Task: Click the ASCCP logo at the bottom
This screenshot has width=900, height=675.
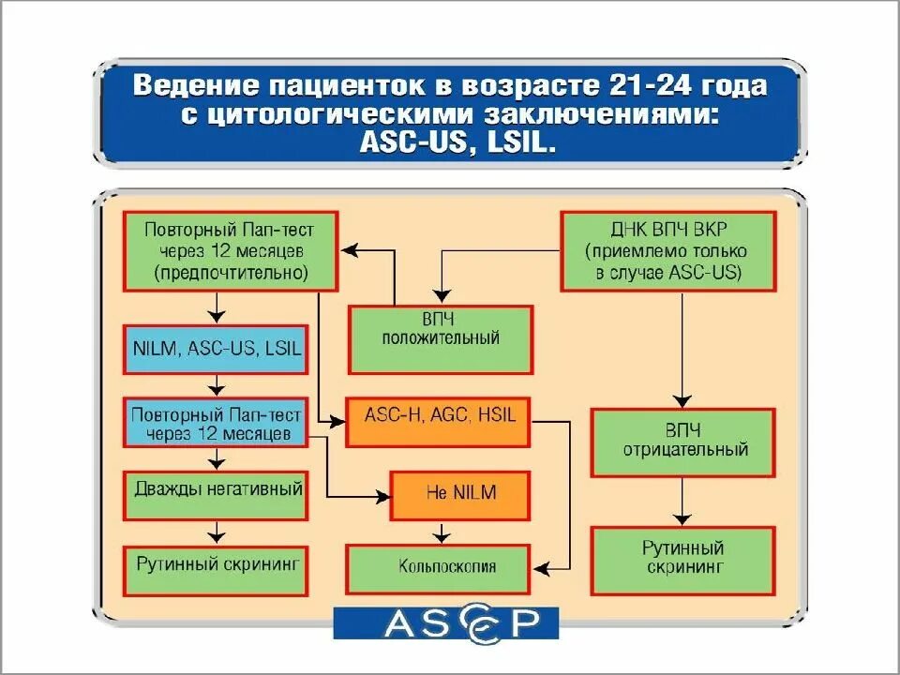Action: [446, 622]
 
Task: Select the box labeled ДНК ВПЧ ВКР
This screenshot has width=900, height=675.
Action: [667, 250]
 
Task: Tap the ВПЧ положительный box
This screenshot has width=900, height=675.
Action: [440, 338]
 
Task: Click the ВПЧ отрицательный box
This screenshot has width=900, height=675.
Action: [682, 441]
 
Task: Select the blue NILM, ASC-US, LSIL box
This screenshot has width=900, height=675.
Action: [216, 348]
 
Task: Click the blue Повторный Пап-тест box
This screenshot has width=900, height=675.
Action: [216, 422]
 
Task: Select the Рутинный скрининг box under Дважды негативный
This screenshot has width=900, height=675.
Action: [216, 569]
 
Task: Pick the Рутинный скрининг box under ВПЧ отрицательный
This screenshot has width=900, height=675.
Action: [682, 560]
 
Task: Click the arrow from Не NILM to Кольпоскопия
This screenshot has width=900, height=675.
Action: [439, 532]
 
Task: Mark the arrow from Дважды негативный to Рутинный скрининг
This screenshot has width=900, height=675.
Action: [217, 532]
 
